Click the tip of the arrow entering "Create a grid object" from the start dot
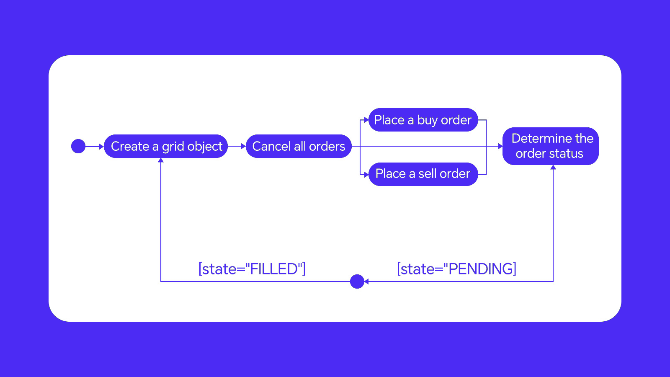(104, 147)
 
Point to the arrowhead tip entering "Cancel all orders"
(246, 146)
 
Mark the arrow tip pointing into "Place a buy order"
(368, 120)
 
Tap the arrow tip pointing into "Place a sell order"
(368, 174)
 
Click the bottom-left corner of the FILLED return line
(161, 281)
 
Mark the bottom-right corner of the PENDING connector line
(553, 281)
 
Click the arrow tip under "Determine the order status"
(553, 165)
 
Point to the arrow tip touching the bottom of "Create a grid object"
(161, 158)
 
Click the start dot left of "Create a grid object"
(78, 146)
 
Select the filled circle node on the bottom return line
(357, 281)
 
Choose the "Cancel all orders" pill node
(299, 146)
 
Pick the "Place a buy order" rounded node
(423, 120)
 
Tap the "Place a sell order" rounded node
(423, 174)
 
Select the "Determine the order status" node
(550, 146)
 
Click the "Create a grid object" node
(166, 146)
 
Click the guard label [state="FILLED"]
(252, 269)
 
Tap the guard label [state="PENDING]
(456, 269)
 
